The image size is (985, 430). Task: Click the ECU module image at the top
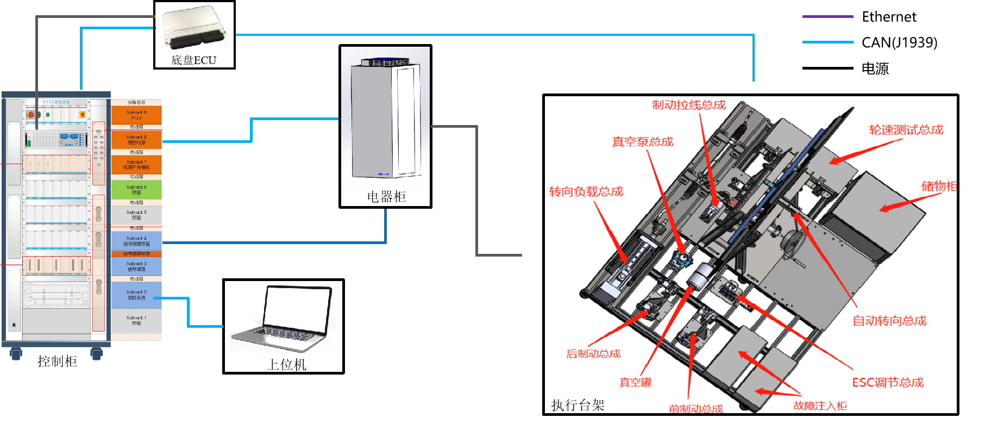click(x=193, y=28)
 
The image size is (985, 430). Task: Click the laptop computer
click(x=283, y=319)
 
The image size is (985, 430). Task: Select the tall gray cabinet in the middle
click(x=385, y=119)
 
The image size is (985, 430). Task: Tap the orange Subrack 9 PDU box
click(x=136, y=115)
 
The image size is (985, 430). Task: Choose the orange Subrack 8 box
click(x=136, y=140)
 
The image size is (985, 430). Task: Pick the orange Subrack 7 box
click(x=136, y=165)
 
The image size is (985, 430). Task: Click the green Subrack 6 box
click(x=136, y=189)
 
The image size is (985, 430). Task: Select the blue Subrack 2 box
click(x=136, y=295)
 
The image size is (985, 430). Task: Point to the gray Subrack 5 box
click(x=136, y=215)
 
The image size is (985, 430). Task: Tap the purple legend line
click(x=827, y=17)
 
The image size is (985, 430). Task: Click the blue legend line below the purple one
click(x=827, y=42)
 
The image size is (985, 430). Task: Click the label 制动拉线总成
click(x=689, y=105)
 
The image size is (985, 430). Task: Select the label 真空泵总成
click(x=643, y=142)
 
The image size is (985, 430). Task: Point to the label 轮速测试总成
click(x=906, y=130)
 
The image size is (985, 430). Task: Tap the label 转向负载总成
click(x=586, y=191)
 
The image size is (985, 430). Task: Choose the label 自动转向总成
click(x=889, y=321)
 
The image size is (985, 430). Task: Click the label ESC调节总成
click(x=888, y=383)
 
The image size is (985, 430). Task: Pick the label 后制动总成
click(x=593, y=354)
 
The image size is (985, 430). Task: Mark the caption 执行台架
click(x=578, y=405)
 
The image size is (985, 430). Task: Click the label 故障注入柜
click(x=820, y=406)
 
